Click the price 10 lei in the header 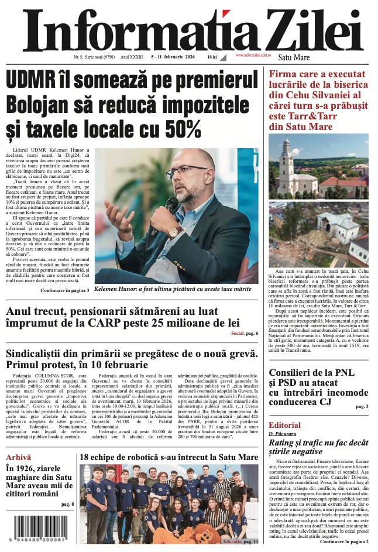point(212,57)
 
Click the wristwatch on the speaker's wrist point(173,232)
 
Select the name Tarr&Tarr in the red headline point(325,115)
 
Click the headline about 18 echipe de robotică point(169,457)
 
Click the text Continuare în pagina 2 point(344,541)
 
